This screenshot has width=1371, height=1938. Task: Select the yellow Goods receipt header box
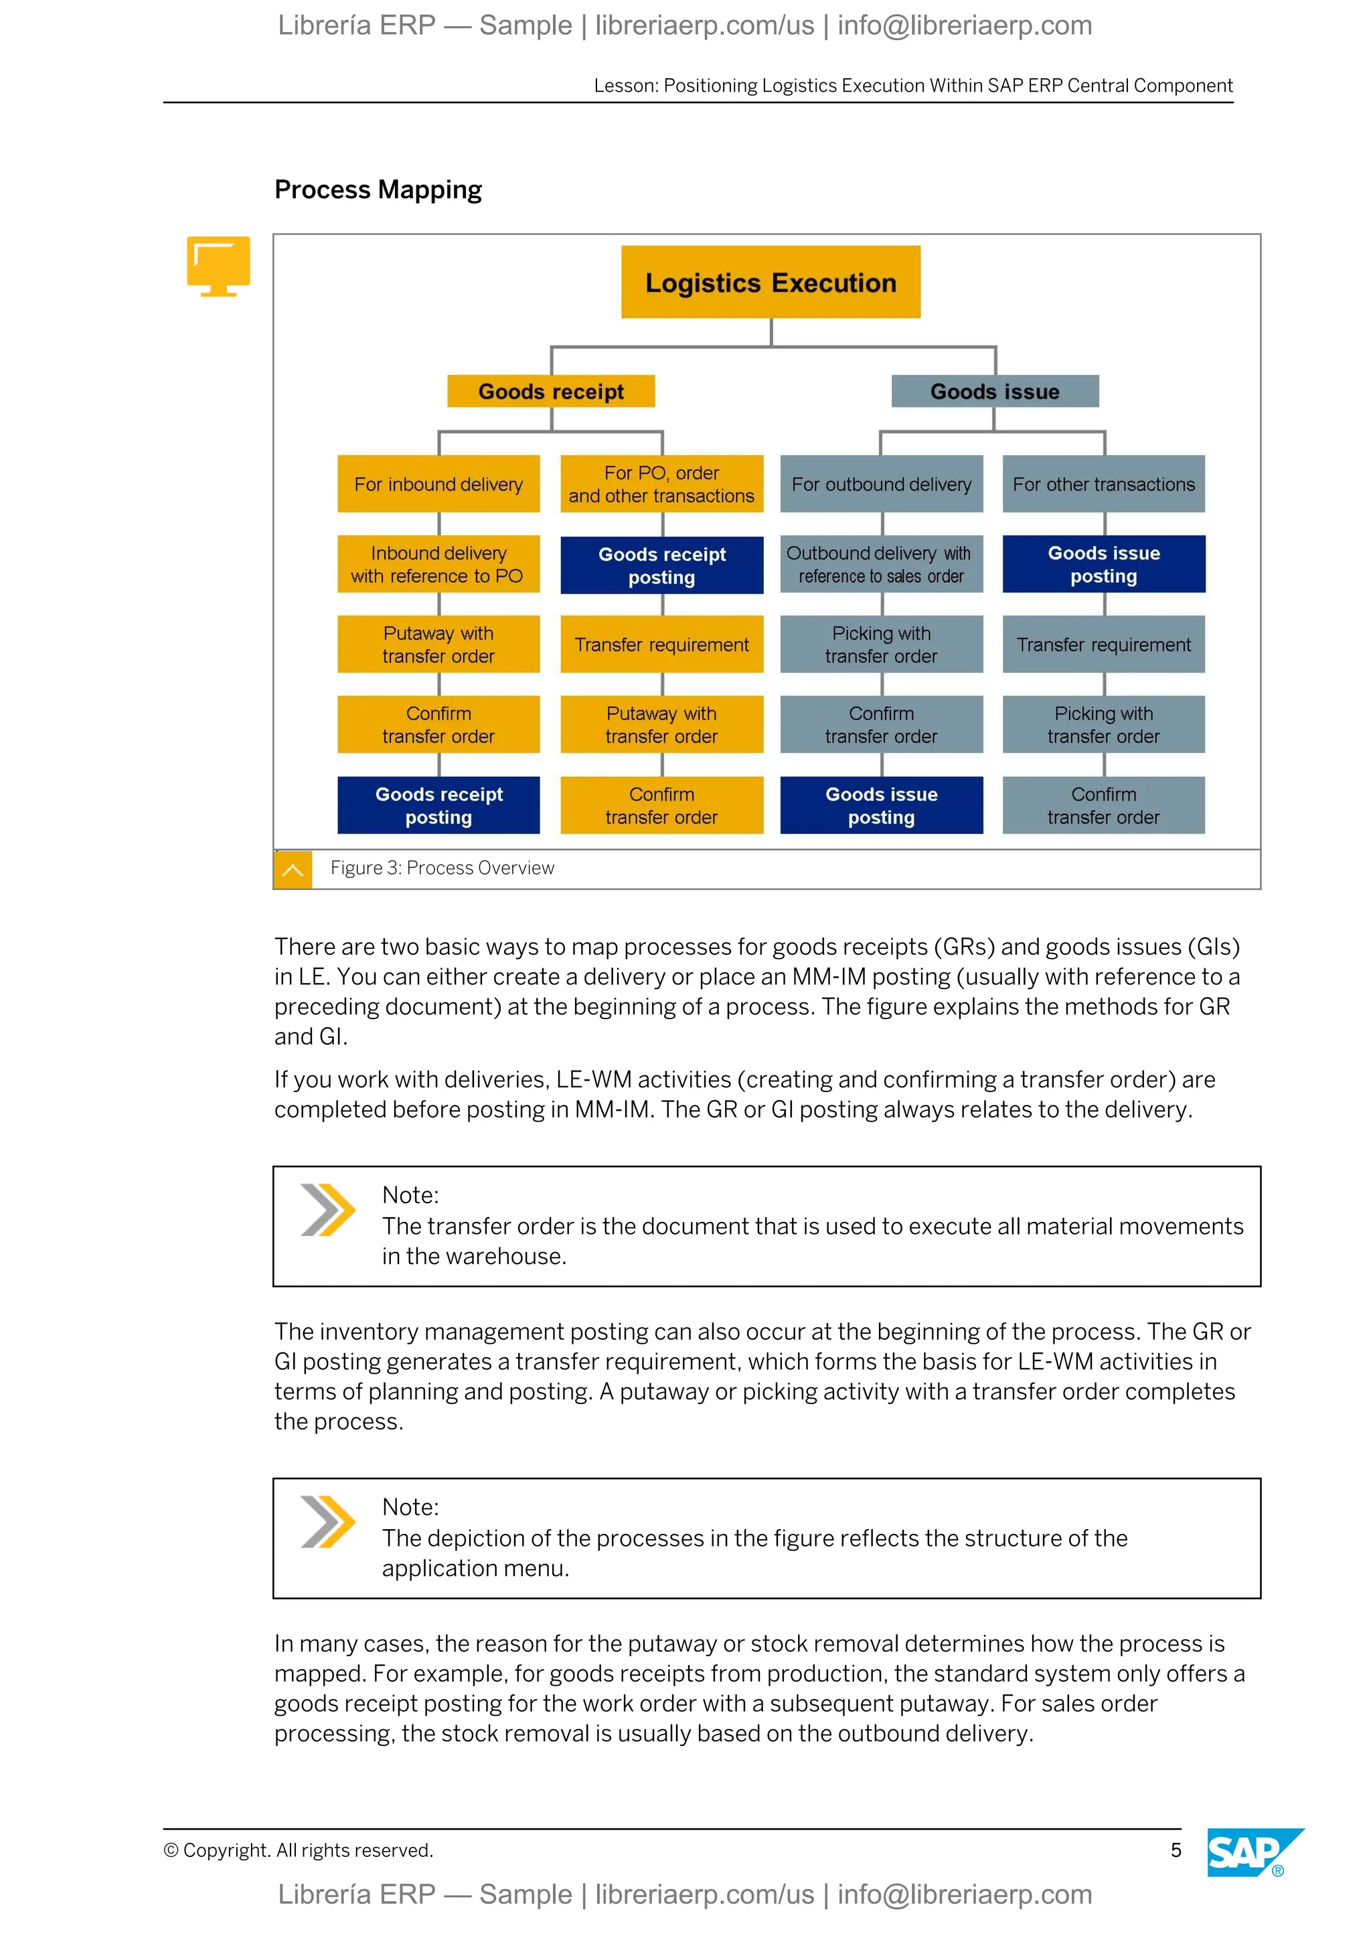pos(550,391)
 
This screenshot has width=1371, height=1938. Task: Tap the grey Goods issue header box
pos(995,391)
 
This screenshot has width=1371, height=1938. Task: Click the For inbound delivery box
pos(438,484)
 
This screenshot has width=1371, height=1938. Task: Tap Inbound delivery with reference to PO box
pos(438,564)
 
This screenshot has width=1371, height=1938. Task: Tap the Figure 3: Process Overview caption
pos(442,868)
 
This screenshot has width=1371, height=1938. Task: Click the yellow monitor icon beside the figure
pos(219,265)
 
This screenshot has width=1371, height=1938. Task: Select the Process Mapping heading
pos(378,190)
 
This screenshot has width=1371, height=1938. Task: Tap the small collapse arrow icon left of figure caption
pos(293,869)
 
